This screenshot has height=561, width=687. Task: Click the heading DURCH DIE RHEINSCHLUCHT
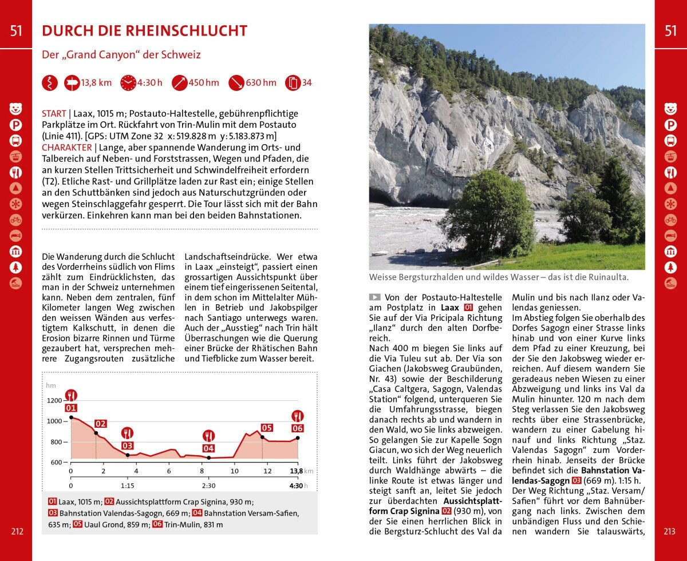tap(144, 31)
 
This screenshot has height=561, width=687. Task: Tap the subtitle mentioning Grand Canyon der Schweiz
tap(121, 55)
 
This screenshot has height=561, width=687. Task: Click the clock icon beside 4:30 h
tap(128, 83)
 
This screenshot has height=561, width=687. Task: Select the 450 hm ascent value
tap(204, 83)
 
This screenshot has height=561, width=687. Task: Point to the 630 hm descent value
tap(260, 83)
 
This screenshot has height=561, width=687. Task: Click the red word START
tap(54, 114)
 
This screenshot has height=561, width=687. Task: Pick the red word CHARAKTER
tap(67, 147)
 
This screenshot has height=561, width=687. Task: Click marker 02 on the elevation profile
tap(101, 424)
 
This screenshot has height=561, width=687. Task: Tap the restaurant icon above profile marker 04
tap(208, 436)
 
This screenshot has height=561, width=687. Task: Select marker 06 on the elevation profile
tap(297, 428)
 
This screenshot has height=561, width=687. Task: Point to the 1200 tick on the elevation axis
tap(54, 400)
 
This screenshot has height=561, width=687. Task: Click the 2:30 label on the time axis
tap(208, 486)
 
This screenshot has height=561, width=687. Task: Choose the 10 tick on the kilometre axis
tap(234, 471)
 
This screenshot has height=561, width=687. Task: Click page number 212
tap(17, 531)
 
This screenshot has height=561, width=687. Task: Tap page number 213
tap(669, 531)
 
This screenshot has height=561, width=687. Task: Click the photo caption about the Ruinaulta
tap(499, 277)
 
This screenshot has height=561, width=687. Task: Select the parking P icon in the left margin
tap(15, 125)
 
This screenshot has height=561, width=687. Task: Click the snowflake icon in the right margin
tap(670, 204)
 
